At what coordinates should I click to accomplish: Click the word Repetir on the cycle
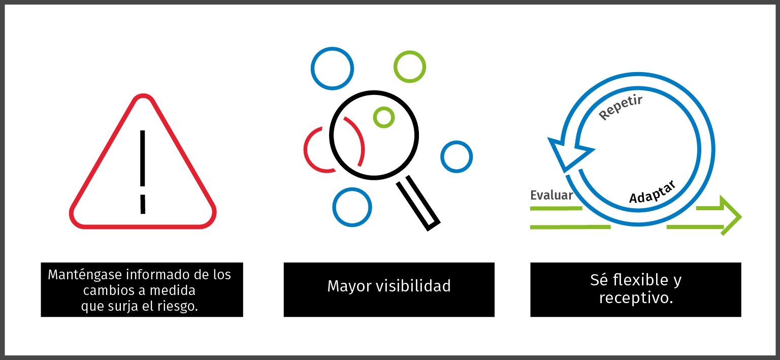point(621,108)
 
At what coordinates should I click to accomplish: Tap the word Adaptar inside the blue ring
point(652,191)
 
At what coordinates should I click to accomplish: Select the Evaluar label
point(551,195)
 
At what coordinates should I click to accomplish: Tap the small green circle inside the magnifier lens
point(384,117)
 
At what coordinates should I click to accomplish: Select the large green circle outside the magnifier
point(410,67)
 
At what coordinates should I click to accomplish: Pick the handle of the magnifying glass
point(418,204)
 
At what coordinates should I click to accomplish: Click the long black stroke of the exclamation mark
point(143,157)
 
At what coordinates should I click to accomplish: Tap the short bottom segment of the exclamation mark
point(143,204)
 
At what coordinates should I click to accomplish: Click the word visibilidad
point(413,286)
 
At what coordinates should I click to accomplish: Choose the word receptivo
point(636,298)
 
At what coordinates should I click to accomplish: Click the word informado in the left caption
point(155,275)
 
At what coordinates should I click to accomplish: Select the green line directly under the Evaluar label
point(556,208)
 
